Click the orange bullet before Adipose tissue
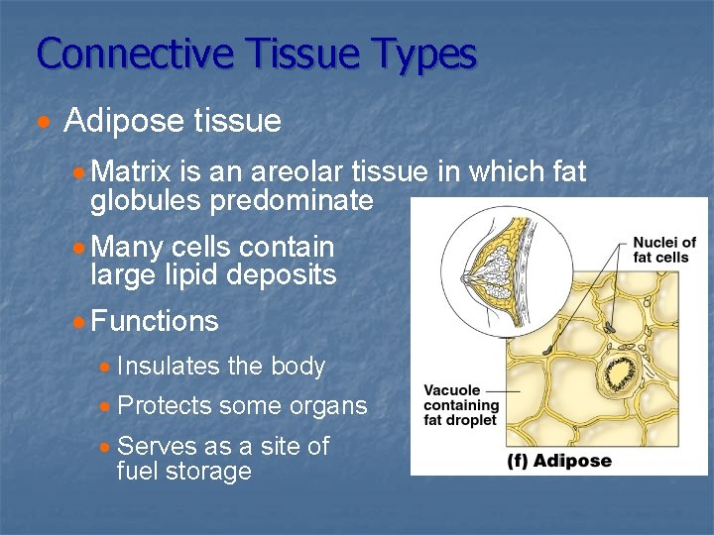pos(43,123)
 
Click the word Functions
pos(154,321)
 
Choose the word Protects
pos(164,405)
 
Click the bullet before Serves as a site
pos(105,447)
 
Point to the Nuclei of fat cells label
pos(663,250)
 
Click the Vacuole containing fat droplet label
pos(460,405)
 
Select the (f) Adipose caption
pos(560,460)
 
